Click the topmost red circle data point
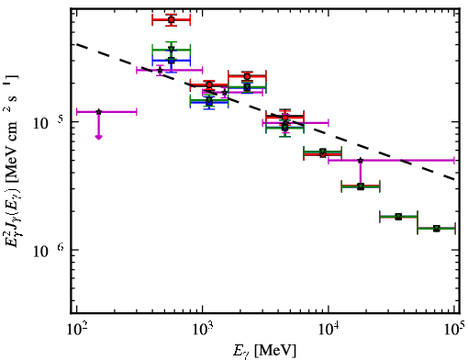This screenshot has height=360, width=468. click(x=172, y=20)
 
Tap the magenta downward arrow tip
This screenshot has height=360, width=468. click(x=98, y=139)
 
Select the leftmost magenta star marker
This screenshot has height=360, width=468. click(x=98, y=112)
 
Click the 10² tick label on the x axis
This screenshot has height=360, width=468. click(x=76, y=330)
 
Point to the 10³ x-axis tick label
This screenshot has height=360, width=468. click(x=203, y=330)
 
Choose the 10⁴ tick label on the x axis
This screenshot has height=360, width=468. click(x=329, y=330)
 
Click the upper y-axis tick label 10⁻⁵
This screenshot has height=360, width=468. click(x=48, y=123)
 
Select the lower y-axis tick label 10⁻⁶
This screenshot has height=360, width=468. click(x=48, y=251)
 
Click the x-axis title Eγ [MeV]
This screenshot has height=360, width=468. click(x=264, y=351)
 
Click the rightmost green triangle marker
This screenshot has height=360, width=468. click(x=437, y=229)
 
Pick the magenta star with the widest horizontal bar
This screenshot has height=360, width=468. click(x=361, y=160)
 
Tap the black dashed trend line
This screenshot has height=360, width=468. click(x=266, y=112)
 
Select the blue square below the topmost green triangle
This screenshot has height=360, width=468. click(x=172, y=61)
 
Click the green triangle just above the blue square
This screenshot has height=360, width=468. click(x=172, y=50)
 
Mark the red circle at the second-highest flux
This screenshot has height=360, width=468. click(x=247, y=76)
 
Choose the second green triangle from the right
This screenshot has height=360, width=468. click(x=398, y=217)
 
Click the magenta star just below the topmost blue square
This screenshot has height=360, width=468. click(x=160, y=71)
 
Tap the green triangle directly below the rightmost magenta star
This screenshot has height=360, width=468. click(x=361, y=186)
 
